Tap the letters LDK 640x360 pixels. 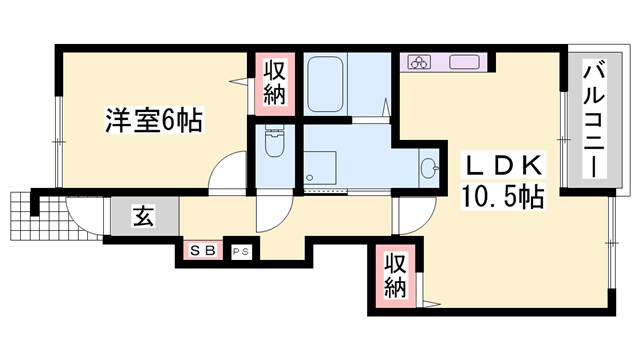pyautogui.click(x=500, y=166)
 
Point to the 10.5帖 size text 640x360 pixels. pyautogui.click(x=502, y=197)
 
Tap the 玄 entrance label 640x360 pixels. pyautogui.click(x=143, y=215)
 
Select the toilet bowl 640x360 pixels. pyautogui.click(x=275, y=149)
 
